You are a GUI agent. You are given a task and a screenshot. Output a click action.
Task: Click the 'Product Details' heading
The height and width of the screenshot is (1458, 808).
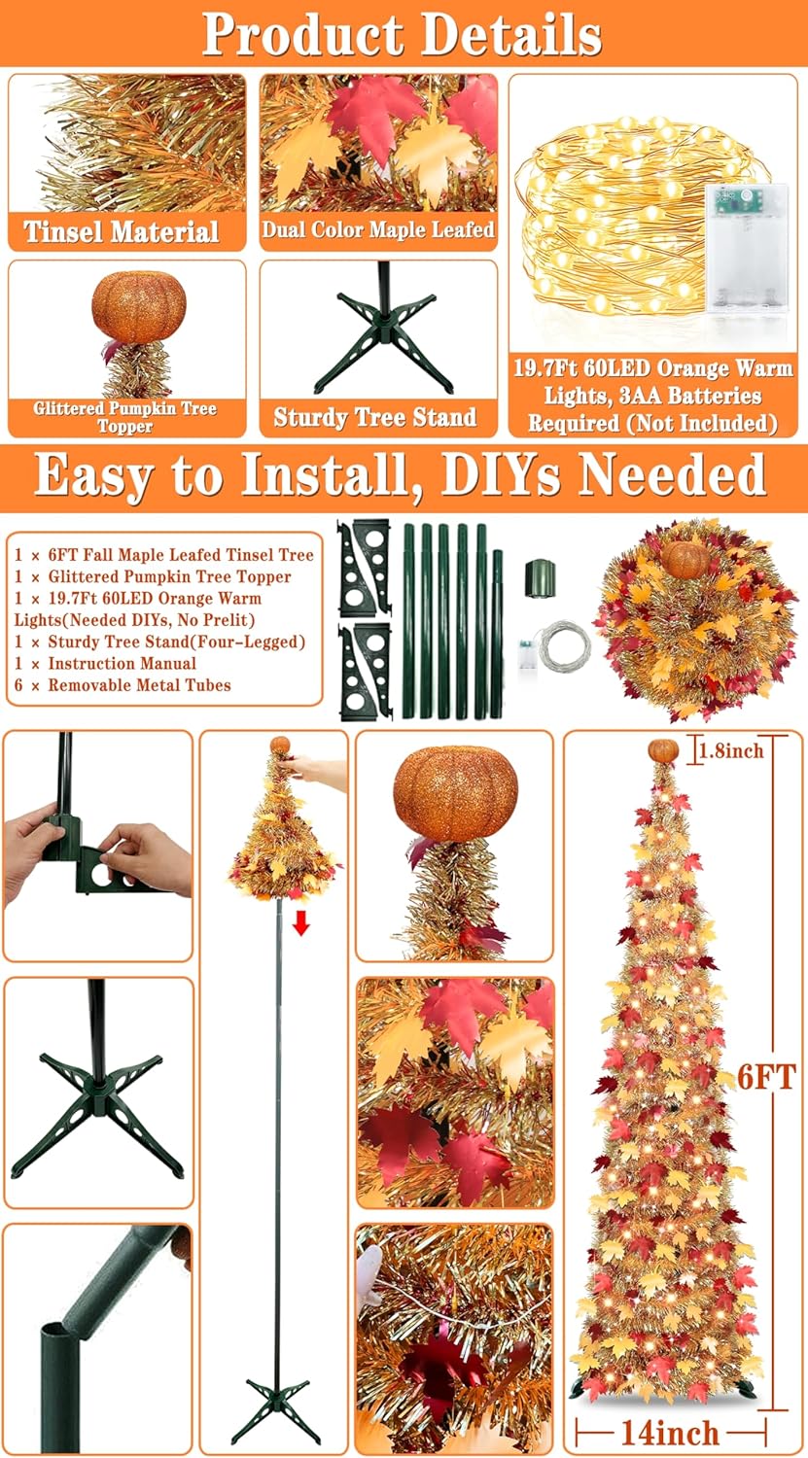click(x=402, y=34)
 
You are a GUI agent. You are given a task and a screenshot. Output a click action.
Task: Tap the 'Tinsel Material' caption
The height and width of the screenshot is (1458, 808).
click(x=122, y=231)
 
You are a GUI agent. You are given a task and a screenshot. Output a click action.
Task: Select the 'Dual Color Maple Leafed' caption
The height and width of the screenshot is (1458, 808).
click(x=378, y=229)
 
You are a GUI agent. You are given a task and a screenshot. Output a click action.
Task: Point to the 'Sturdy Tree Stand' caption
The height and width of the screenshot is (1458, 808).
click(x=375, y=417)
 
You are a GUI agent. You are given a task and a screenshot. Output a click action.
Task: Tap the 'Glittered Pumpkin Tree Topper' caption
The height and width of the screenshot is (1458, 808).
click(x=125, y=417)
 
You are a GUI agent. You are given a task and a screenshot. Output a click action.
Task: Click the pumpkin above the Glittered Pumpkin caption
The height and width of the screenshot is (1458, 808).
click(x=139, y=306)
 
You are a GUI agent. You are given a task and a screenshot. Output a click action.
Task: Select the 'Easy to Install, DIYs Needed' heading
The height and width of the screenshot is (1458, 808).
click(x=401, y=476)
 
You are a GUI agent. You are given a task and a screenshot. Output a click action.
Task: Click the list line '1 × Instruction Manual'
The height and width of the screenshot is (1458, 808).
click(x=105, y=663)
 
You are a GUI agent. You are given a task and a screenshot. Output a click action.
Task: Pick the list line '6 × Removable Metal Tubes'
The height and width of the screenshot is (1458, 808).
click(x=123, y=684)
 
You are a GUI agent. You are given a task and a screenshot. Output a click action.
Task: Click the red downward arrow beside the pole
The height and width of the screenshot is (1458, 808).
click(x=300, y=923)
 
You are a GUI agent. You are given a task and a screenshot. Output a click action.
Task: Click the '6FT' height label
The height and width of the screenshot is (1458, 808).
click(x=766, y=1077)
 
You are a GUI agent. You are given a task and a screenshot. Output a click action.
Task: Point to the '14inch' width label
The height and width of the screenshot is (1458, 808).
click(x=670, y=1432)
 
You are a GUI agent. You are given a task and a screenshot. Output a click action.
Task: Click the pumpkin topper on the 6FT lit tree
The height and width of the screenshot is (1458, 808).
click(x=663, y=750)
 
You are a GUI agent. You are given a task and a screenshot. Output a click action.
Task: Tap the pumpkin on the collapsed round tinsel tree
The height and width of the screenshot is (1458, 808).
click(x=685, y=559)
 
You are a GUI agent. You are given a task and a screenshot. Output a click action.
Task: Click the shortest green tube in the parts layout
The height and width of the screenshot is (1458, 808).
click(x=498, y=634)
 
